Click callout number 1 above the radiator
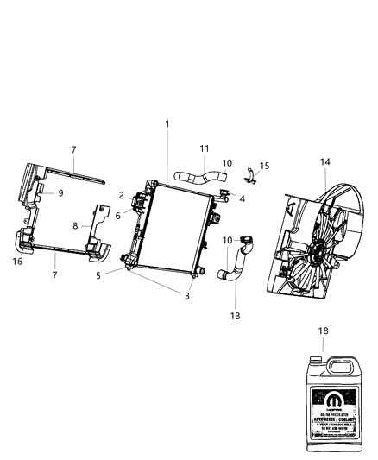tap(167, 124)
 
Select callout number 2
tap(122, 196)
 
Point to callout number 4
tap(242, 198)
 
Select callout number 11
tap(205, 148)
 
